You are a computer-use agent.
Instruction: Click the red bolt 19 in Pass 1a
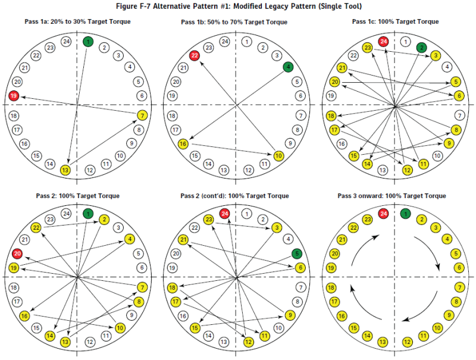14,95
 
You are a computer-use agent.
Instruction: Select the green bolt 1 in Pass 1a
88,42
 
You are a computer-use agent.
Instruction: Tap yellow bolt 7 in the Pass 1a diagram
142,115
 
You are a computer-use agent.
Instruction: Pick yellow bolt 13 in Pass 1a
66,170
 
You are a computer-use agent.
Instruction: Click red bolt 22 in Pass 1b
194,55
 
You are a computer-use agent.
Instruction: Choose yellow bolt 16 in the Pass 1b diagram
183,144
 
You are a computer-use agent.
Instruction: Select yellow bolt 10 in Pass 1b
278,156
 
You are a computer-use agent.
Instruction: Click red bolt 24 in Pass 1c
384,42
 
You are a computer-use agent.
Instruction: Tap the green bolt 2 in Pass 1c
422,47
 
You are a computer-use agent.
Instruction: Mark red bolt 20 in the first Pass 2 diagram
17,254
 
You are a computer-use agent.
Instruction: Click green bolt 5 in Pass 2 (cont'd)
296,253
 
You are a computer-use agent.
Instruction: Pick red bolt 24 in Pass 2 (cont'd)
224,214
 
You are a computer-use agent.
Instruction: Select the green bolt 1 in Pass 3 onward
406,214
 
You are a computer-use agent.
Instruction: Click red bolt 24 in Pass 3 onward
384,214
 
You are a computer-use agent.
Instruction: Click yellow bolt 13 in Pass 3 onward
384,342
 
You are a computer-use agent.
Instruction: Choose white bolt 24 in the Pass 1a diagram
67,42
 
